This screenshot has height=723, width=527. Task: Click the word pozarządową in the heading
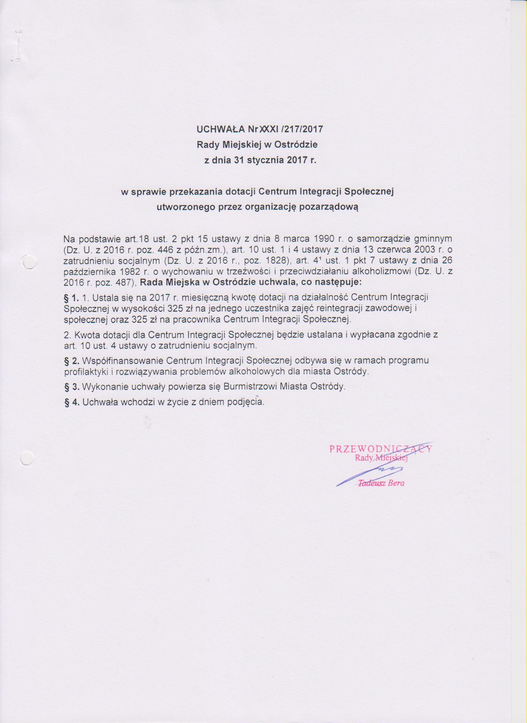tap(329, 207)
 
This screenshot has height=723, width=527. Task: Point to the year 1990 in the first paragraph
tap(324, 239)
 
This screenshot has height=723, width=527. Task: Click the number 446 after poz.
tap(165, 250)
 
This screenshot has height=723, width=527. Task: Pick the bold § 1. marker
tap(72, 297)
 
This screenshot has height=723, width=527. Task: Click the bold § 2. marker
tap(72, 361)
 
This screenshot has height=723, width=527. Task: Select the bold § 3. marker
tap(72, 387)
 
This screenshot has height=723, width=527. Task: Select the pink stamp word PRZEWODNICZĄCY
tap(380, 449)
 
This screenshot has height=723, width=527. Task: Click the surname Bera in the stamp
tap(396, 483)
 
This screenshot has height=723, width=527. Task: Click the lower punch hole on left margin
tap(26, 458)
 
